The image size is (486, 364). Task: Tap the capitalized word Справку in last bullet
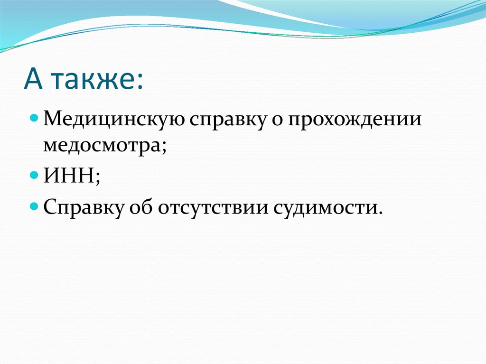[81, 208]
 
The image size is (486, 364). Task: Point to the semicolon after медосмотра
[164, 147]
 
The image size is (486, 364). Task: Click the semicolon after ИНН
[97, 179]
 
